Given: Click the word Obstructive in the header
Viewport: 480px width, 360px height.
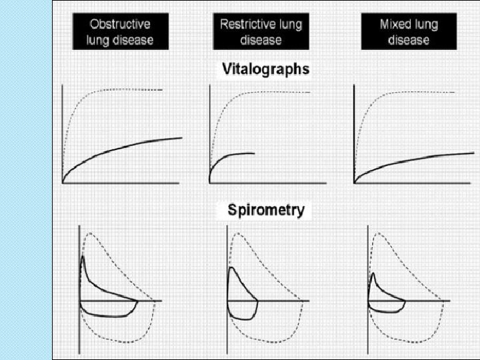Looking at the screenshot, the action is tap(121, 25).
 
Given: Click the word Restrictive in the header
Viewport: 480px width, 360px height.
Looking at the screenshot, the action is tap(247, 25).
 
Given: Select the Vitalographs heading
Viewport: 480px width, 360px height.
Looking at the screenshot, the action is tap(265, 69).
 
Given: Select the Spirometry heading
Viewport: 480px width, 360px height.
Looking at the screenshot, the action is tap(266, 211).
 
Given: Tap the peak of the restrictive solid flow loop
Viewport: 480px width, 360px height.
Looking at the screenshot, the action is tap(230, 267).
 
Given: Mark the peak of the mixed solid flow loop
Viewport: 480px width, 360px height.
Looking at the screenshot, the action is tap(373, 273).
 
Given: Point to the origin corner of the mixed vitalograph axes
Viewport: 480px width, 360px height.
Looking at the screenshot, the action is tap(354, 182).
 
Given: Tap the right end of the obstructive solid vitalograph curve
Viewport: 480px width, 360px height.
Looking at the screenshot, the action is tap(182, 138).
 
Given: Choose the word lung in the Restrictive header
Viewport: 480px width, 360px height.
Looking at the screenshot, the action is tap(289, 25).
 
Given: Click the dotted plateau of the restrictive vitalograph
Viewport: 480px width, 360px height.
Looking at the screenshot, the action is tap(280, 92).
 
